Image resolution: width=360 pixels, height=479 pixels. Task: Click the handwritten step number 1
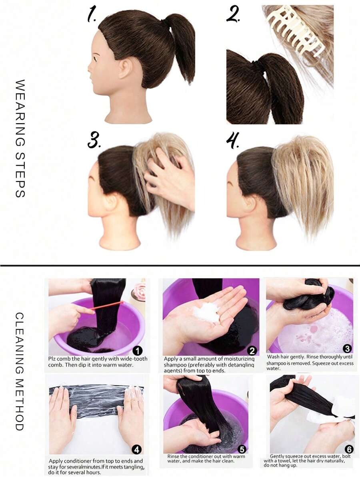(x=92, y=15)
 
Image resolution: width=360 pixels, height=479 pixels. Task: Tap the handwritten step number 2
(x=233, y=14)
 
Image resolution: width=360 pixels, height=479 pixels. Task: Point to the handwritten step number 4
(x=233, y=140)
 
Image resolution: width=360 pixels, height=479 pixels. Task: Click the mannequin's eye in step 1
(x=98, y=57)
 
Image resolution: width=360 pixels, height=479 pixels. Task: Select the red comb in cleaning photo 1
(x=107, y=305)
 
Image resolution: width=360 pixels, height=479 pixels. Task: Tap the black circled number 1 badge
(x=138, y=351)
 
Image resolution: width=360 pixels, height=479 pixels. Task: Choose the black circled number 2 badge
(x=252, y=351)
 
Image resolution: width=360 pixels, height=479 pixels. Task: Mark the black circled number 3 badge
(x=347, y=349)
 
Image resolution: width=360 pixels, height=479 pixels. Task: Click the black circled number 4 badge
(x=136, y=449)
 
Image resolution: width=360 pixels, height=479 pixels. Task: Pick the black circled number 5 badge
(x=242, y=449)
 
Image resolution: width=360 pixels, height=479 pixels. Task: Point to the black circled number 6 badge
(x=349, y=449)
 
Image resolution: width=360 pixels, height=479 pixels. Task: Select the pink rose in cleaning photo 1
(x=139, y=289)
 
